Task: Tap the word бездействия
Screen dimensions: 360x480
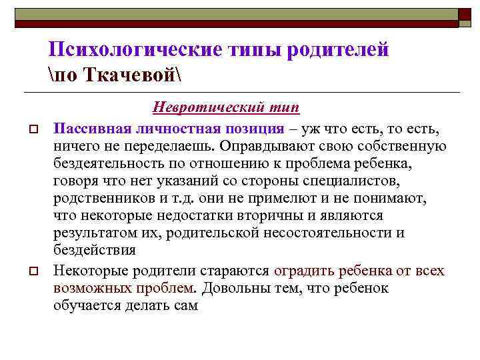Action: [94, 251]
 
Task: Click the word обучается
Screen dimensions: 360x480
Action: [87, 306]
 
